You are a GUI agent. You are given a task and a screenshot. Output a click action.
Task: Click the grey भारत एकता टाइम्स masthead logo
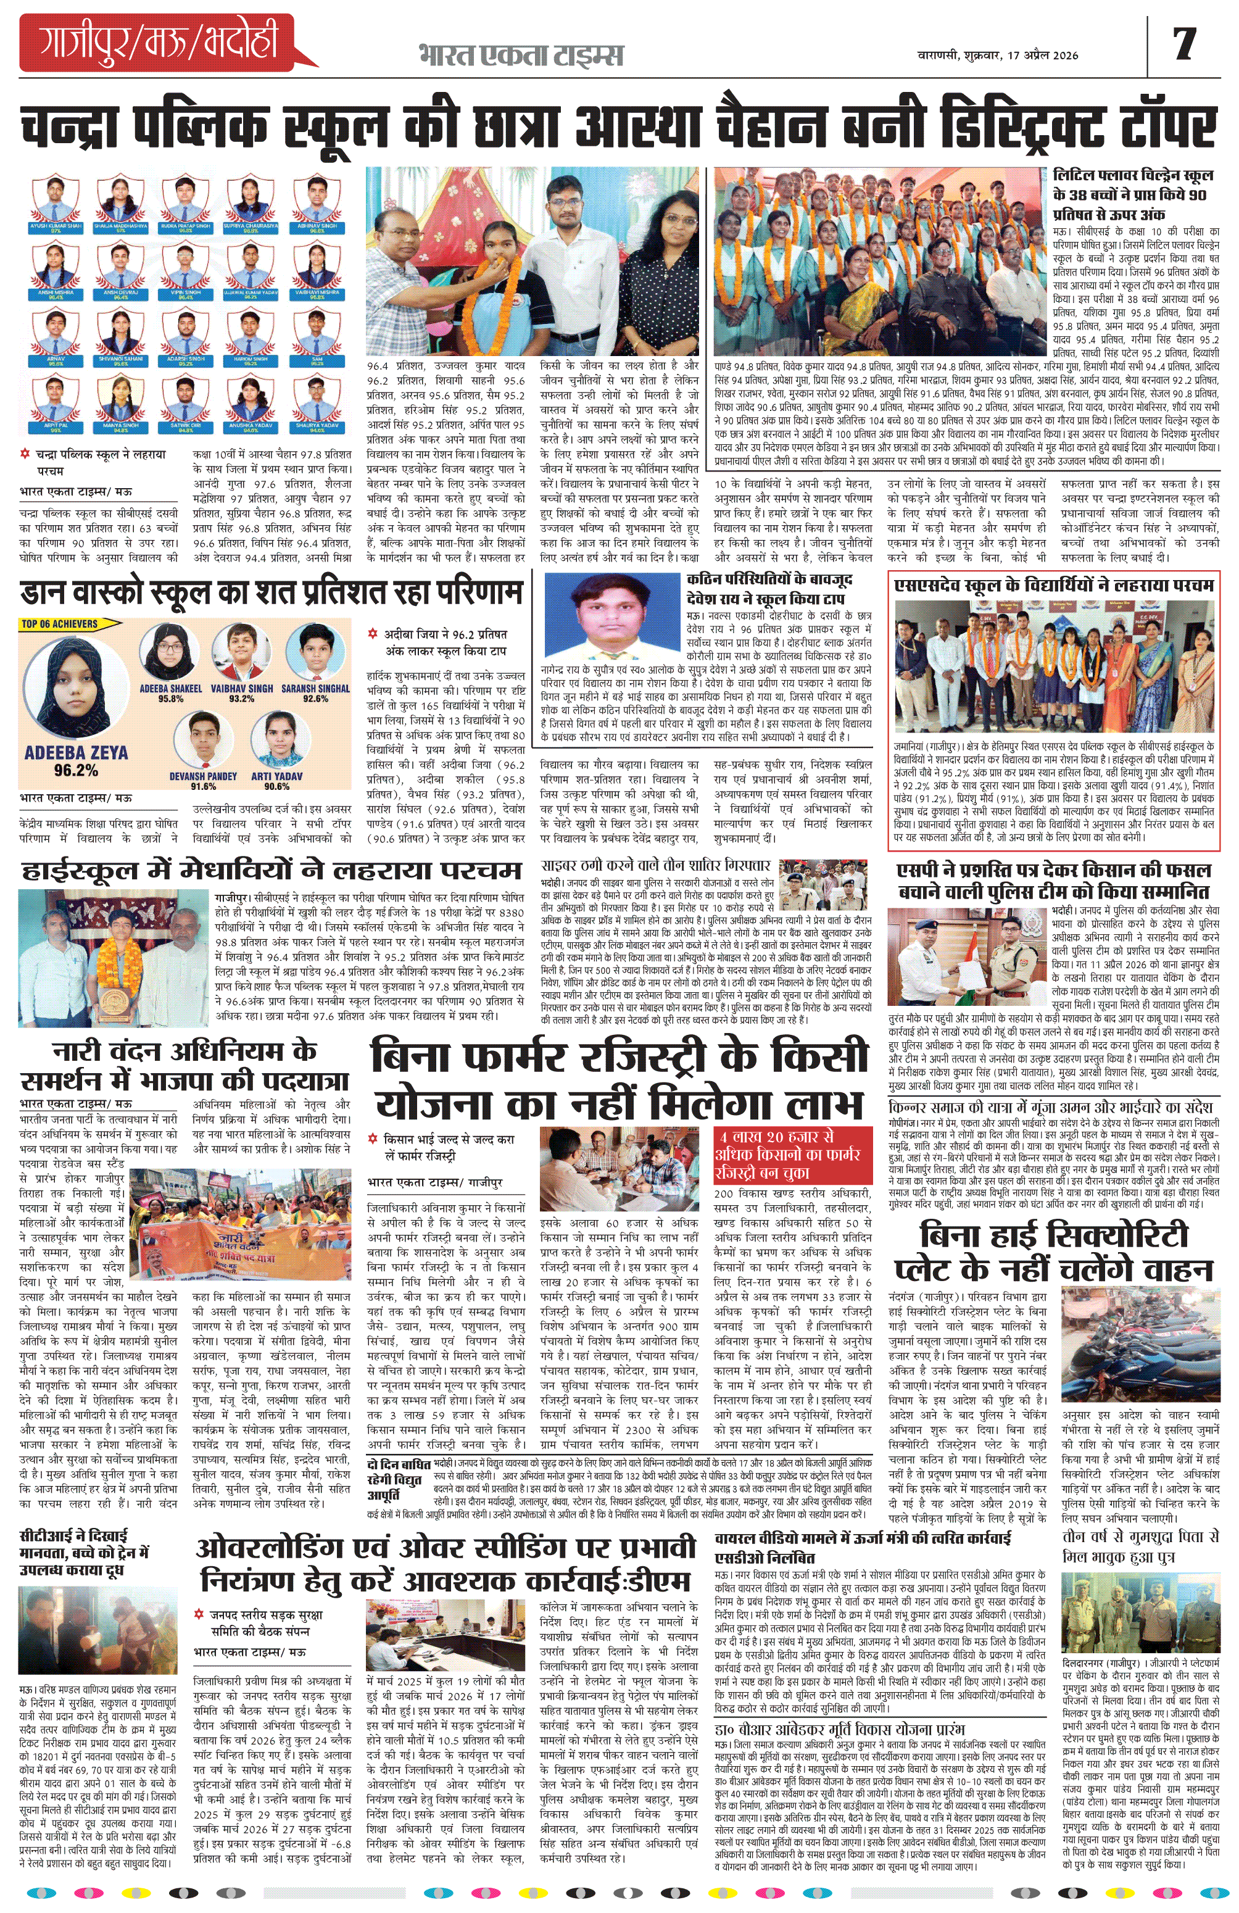[x=520, y=55]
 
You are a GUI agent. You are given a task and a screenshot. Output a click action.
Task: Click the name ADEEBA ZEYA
[x=75, y=752]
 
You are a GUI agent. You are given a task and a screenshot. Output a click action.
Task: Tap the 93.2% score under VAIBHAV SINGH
[x=241, y=699]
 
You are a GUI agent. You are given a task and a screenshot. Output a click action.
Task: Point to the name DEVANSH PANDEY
[x=202, y=776]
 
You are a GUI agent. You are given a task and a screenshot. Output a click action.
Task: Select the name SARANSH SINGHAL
[x=315, y=689]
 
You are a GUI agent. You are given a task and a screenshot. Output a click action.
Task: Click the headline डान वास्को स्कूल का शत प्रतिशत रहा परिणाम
[x=271, y=593]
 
